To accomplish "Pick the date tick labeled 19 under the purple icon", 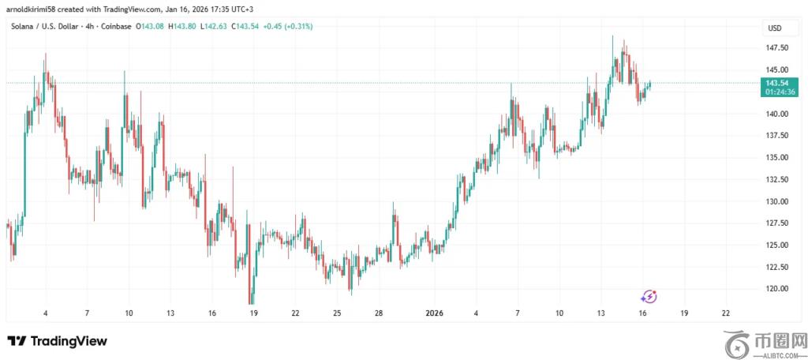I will point(683,313).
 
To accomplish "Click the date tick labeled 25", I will point(337,313).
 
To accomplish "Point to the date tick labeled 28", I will point(379,313).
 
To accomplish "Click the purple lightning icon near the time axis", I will point(649,297).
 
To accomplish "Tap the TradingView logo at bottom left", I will point(57,341).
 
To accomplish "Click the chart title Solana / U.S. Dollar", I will point(48,26).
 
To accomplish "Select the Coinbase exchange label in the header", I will point(117,26).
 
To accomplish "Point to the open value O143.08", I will point(151,26).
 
